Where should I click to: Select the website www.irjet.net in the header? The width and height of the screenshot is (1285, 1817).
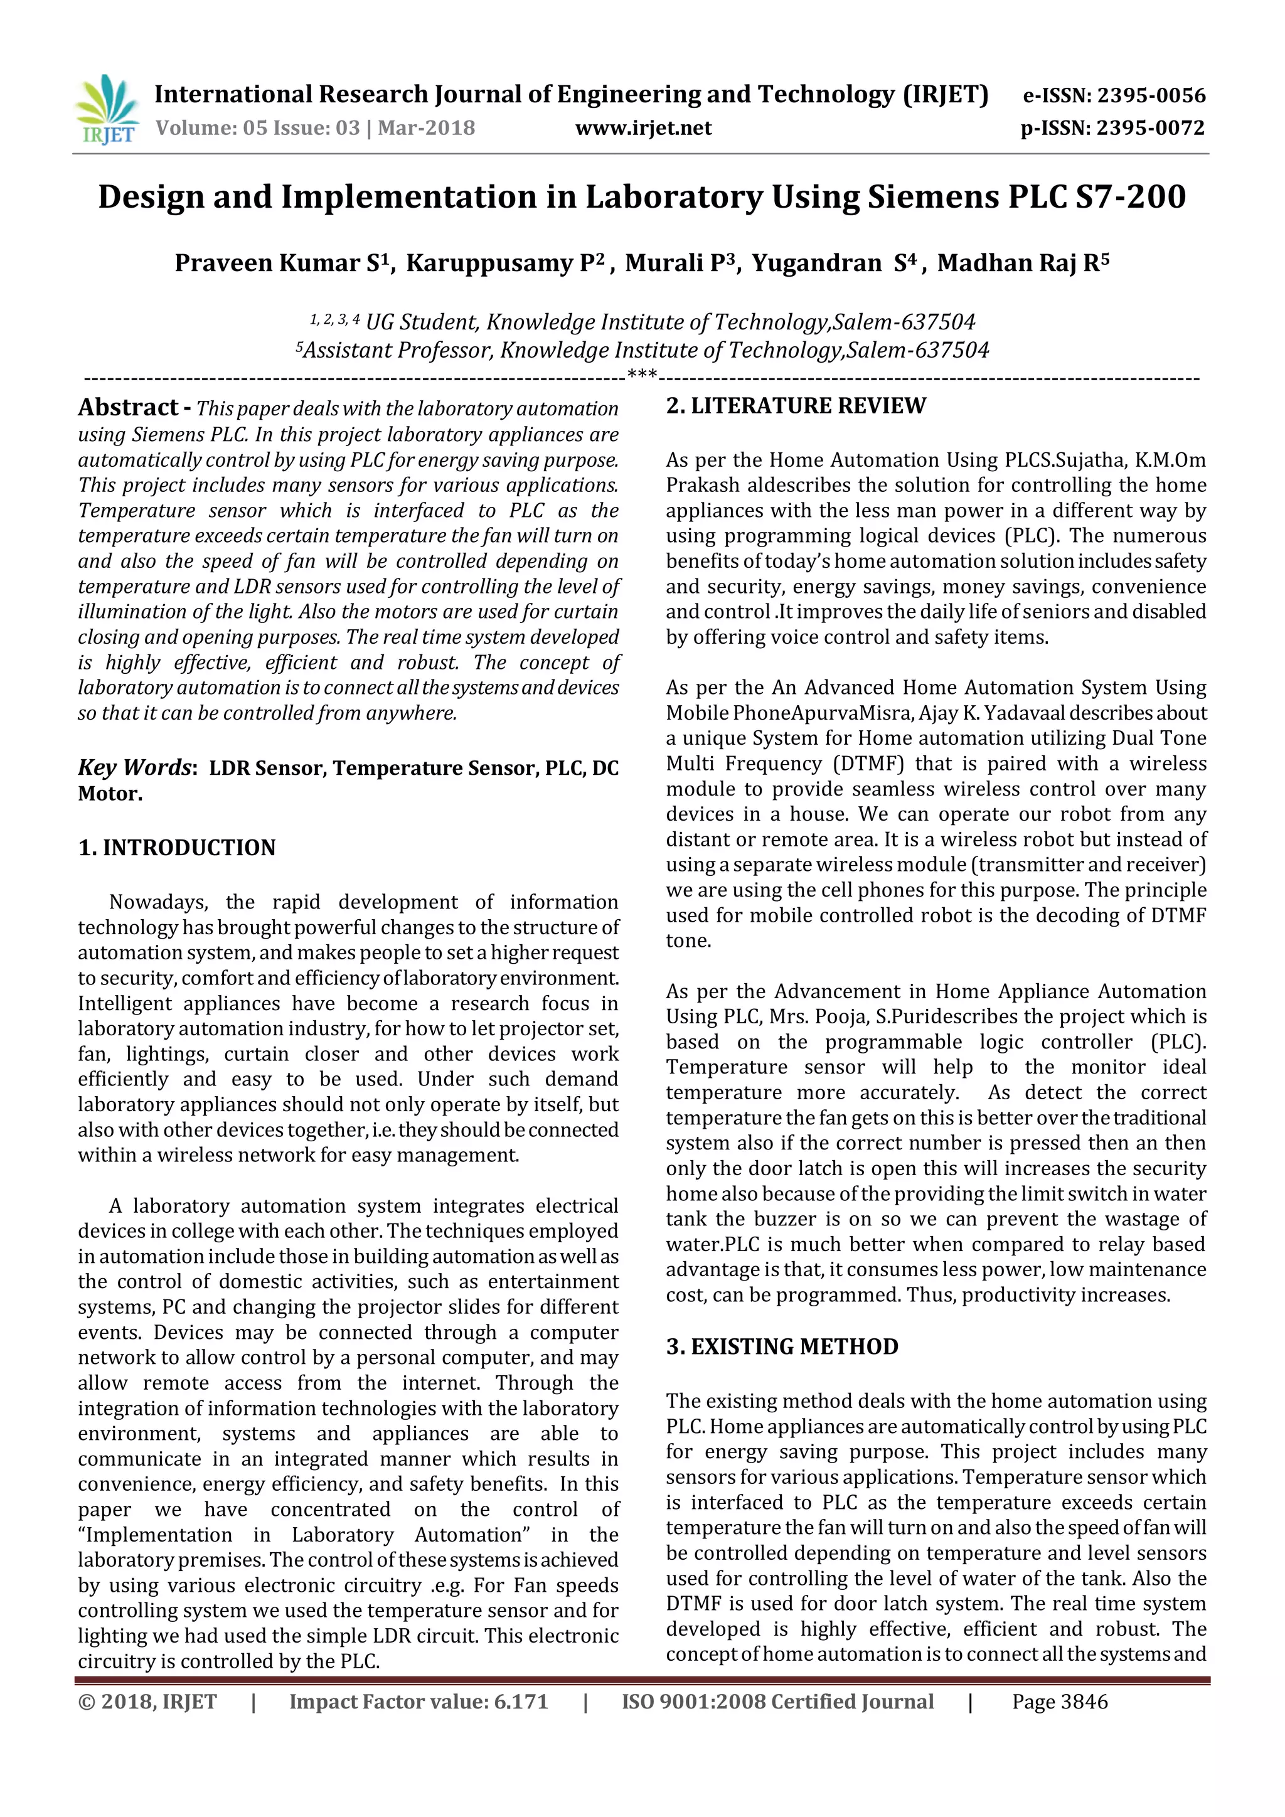642,128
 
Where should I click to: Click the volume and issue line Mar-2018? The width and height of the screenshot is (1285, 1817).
315,128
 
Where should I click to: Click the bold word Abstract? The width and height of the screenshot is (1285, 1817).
128,408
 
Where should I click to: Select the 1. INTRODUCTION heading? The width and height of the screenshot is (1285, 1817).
176,848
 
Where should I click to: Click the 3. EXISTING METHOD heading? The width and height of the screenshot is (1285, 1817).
782,1347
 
